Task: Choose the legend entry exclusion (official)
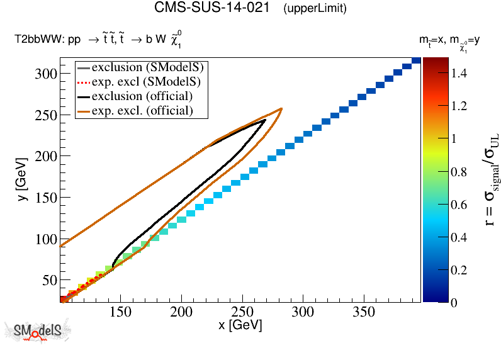click(142, 96)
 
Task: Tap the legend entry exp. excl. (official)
click(142, 111)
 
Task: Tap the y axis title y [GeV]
click(20, 183)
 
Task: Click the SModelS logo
click(37, 332)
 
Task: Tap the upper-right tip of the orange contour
click(281, 108)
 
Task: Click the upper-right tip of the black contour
click(265, 120)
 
